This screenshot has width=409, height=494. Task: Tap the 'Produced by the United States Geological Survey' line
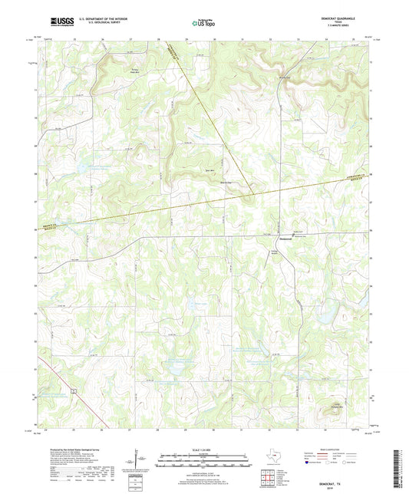pos(73,450)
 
